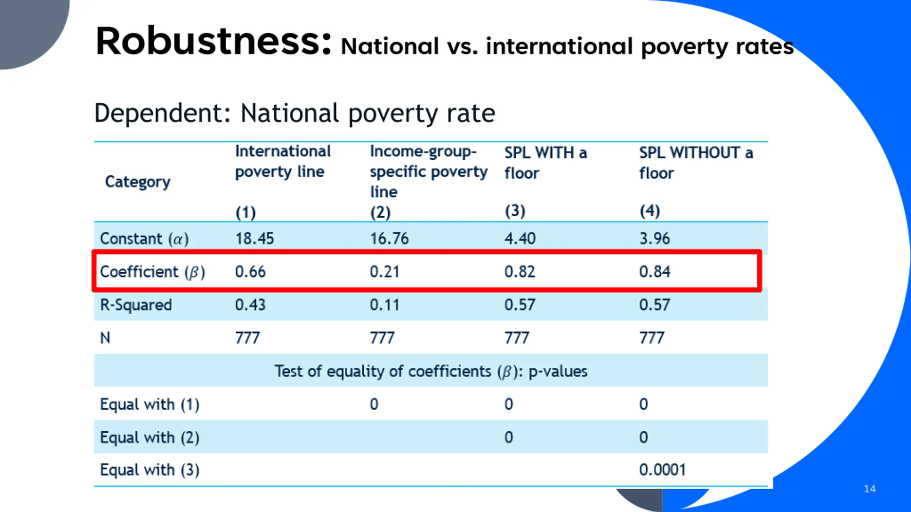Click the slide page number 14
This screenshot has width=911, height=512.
[x=870, y=489]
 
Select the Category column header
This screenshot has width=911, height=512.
[x=138, y=182]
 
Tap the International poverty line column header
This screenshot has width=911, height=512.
[x=283, y=161]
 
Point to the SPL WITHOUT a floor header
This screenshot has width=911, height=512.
[x=696, y=163]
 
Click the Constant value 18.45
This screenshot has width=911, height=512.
[x=254, y=238]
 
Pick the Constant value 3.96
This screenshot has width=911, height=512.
[x=654, y=238]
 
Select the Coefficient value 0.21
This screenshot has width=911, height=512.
[x=384, y=272]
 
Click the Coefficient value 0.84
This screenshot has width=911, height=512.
[x=654, y=272]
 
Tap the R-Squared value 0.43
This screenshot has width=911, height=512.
[x=250, y=305]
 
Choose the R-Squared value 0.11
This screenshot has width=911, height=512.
[x=384, y=305]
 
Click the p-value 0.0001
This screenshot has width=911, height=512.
[x=662, y=470]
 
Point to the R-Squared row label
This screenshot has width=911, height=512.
[x=136, y=305]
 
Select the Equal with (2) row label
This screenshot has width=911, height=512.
[x=149, y=437]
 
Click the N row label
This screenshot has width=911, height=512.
[x=105, y=338]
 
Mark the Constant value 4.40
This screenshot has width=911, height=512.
[x=520, y=238]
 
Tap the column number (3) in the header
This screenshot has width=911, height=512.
[x=515, y=211]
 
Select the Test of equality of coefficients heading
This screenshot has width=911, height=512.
[x=431, y=371]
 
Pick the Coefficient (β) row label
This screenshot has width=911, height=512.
[x=152, y=272]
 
